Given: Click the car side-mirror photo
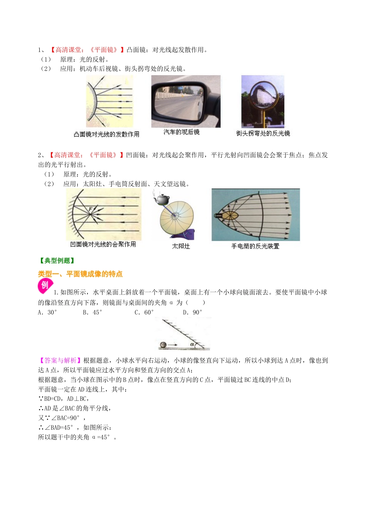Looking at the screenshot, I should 186,101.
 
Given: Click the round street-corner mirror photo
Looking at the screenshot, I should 263,101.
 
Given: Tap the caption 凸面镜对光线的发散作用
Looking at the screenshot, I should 107,134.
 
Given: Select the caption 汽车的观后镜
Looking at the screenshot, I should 181,132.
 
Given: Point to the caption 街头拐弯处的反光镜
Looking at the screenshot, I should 263,133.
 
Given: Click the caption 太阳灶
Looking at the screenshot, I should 181,246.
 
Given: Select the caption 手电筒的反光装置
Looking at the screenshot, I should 255,246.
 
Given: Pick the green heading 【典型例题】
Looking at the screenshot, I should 57,261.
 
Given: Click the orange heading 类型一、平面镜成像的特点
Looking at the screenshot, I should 80,274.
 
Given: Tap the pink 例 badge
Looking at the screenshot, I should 45,285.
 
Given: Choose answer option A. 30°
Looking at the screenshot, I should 47,312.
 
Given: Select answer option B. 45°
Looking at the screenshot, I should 92,312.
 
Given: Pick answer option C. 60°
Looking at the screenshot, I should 144,312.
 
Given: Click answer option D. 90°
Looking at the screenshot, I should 193,312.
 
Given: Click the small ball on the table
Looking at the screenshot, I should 163,345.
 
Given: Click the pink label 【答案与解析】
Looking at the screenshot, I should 60,360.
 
